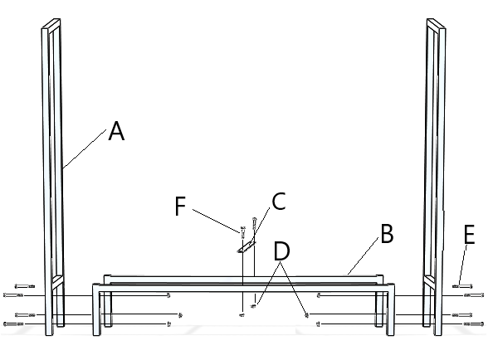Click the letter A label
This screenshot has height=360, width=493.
pos(116,131)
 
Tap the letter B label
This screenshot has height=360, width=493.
pos(387,235)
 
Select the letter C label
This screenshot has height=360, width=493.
pos(279,201)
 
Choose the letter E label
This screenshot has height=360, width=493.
pos(470,236)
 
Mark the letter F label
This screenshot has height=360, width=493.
pos(181,206)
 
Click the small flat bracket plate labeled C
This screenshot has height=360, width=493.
pos(247,246)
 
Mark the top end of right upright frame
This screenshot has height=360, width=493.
pos(437,22)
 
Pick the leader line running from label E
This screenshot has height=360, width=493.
pos(465,264)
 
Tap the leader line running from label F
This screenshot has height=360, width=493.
pos(217,219)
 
